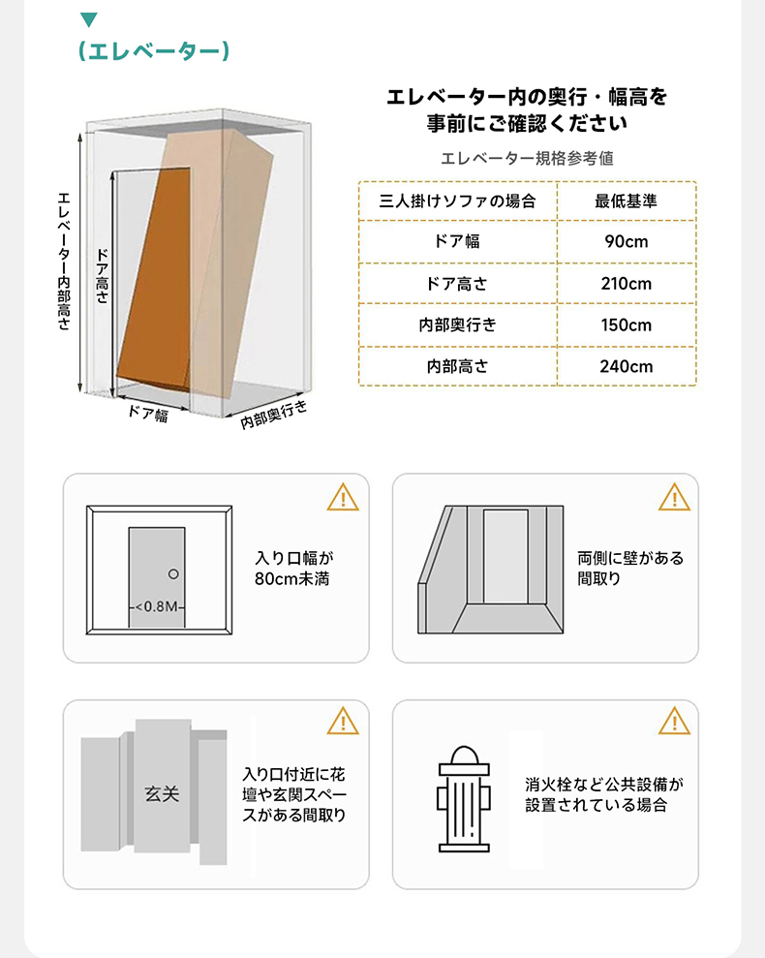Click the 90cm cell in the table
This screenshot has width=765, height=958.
point(626,241)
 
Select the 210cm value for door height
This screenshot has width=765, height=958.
point(626,284)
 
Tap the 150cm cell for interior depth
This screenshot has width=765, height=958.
point(626,325)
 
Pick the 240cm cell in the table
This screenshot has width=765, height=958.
point(626,366)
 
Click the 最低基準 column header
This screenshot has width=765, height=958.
point(626,201)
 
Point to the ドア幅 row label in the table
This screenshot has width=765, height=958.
point(457,241)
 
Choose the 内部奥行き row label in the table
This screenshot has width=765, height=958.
point(457,325)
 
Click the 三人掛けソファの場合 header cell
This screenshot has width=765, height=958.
point(457,201)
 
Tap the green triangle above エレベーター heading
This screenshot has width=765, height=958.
point(89,19)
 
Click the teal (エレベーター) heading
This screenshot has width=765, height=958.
point(154,51)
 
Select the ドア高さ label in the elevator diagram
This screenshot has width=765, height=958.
point(102,275)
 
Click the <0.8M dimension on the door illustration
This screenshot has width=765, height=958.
point(157,606)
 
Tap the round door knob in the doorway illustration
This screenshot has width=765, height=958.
point(173,574)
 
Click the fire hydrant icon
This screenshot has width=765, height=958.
point(464,799)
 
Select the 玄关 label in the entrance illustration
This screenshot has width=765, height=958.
point(162,794)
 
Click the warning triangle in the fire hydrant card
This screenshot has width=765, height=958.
point(675,722)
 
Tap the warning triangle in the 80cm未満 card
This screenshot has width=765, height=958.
point(343,497)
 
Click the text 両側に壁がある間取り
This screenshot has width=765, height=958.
point(630,569)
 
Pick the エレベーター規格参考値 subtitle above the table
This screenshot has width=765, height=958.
point(527,158)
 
